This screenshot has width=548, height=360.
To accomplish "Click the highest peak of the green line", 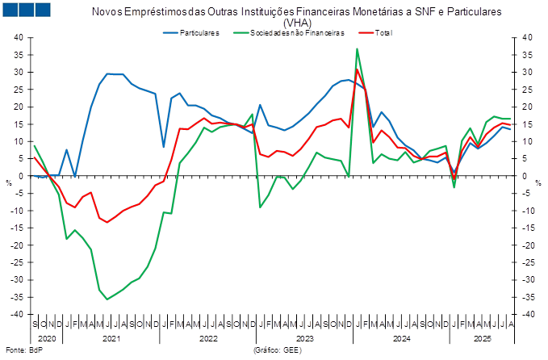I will (x=357, y=49).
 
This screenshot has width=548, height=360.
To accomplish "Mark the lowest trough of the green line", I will (x=107, y=299).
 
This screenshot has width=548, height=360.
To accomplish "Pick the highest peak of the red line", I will (x=358, y=69).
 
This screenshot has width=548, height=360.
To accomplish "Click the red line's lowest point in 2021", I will (x=107, y=222).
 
